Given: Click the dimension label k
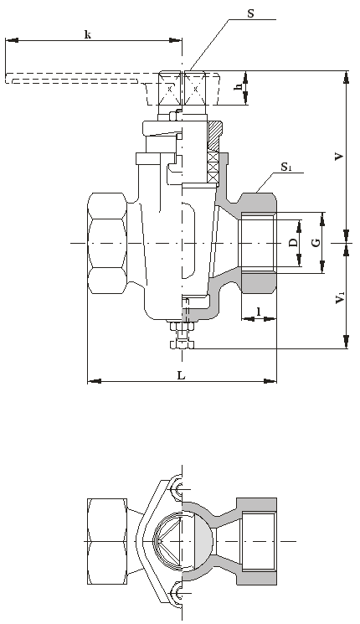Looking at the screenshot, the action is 88,34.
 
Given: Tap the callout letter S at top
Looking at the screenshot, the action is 250,13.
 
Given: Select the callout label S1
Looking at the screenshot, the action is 286,168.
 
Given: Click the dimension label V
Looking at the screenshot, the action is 338,157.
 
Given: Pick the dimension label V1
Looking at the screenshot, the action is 340,297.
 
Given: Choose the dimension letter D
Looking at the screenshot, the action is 293,242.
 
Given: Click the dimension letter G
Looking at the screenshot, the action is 316,242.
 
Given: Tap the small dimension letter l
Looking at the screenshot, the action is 259,312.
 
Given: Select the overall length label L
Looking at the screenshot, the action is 181,375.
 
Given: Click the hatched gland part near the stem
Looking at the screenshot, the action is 214,136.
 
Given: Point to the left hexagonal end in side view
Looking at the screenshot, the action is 107,243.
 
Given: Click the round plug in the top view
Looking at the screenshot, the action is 183,541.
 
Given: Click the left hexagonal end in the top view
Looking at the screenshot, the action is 107,541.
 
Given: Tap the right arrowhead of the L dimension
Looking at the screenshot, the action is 270,381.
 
